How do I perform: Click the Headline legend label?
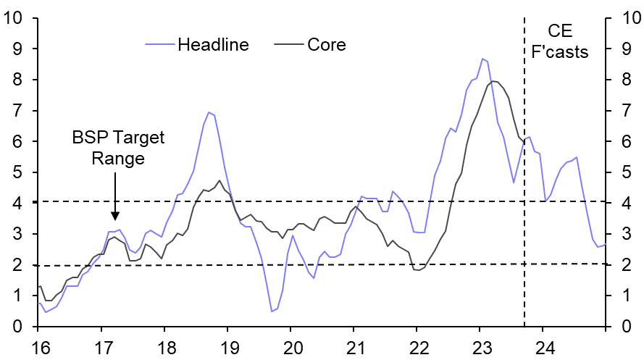click(x=213, y=45)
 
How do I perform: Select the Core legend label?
click(x=326, y=45)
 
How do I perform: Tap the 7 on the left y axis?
click(x=22, y=110)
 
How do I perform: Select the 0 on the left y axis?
click(x=22, y=327)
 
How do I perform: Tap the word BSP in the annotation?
click(x=88, y=138)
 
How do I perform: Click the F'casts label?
click(x=560, y=52)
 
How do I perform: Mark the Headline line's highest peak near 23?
click(x=482, y=59)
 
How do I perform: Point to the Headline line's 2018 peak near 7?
click(x=209, y=112)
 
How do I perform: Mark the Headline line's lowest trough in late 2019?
click(x=272, y=311)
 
